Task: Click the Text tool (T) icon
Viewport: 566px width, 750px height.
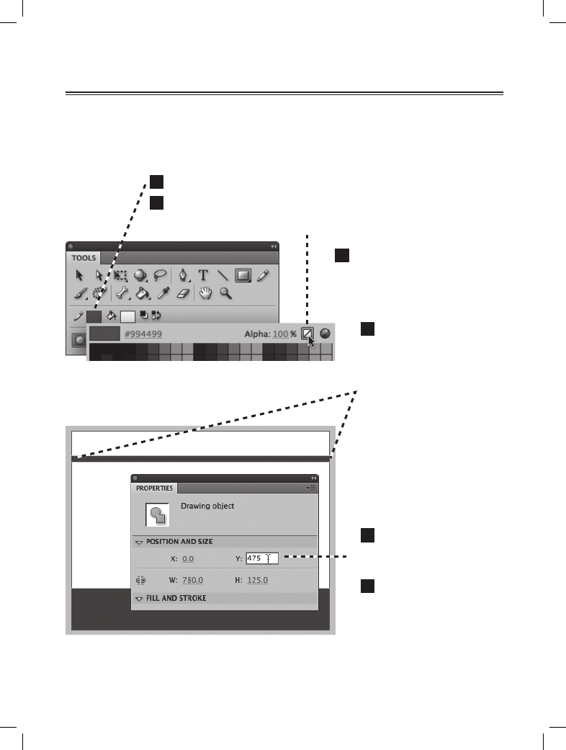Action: coord(204,274)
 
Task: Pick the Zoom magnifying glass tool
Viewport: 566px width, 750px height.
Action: coord(225,293)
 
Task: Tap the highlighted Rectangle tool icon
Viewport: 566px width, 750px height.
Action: coord(243,274)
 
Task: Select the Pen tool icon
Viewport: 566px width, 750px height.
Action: coord(184,274)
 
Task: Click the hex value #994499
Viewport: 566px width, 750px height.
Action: coord(143,334)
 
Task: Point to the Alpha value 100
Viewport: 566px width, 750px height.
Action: coord(280,334)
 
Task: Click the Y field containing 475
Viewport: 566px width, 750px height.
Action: coord(261,558)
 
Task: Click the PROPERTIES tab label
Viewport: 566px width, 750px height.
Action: coord(154,488)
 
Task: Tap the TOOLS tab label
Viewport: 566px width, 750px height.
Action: coord(84,257)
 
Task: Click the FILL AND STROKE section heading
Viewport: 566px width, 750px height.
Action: coord(176,598)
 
